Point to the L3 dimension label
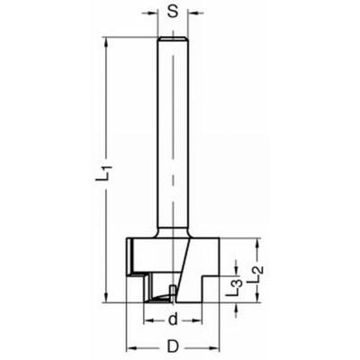232,288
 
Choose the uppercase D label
172,346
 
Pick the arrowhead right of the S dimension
192,15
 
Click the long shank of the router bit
172,135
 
